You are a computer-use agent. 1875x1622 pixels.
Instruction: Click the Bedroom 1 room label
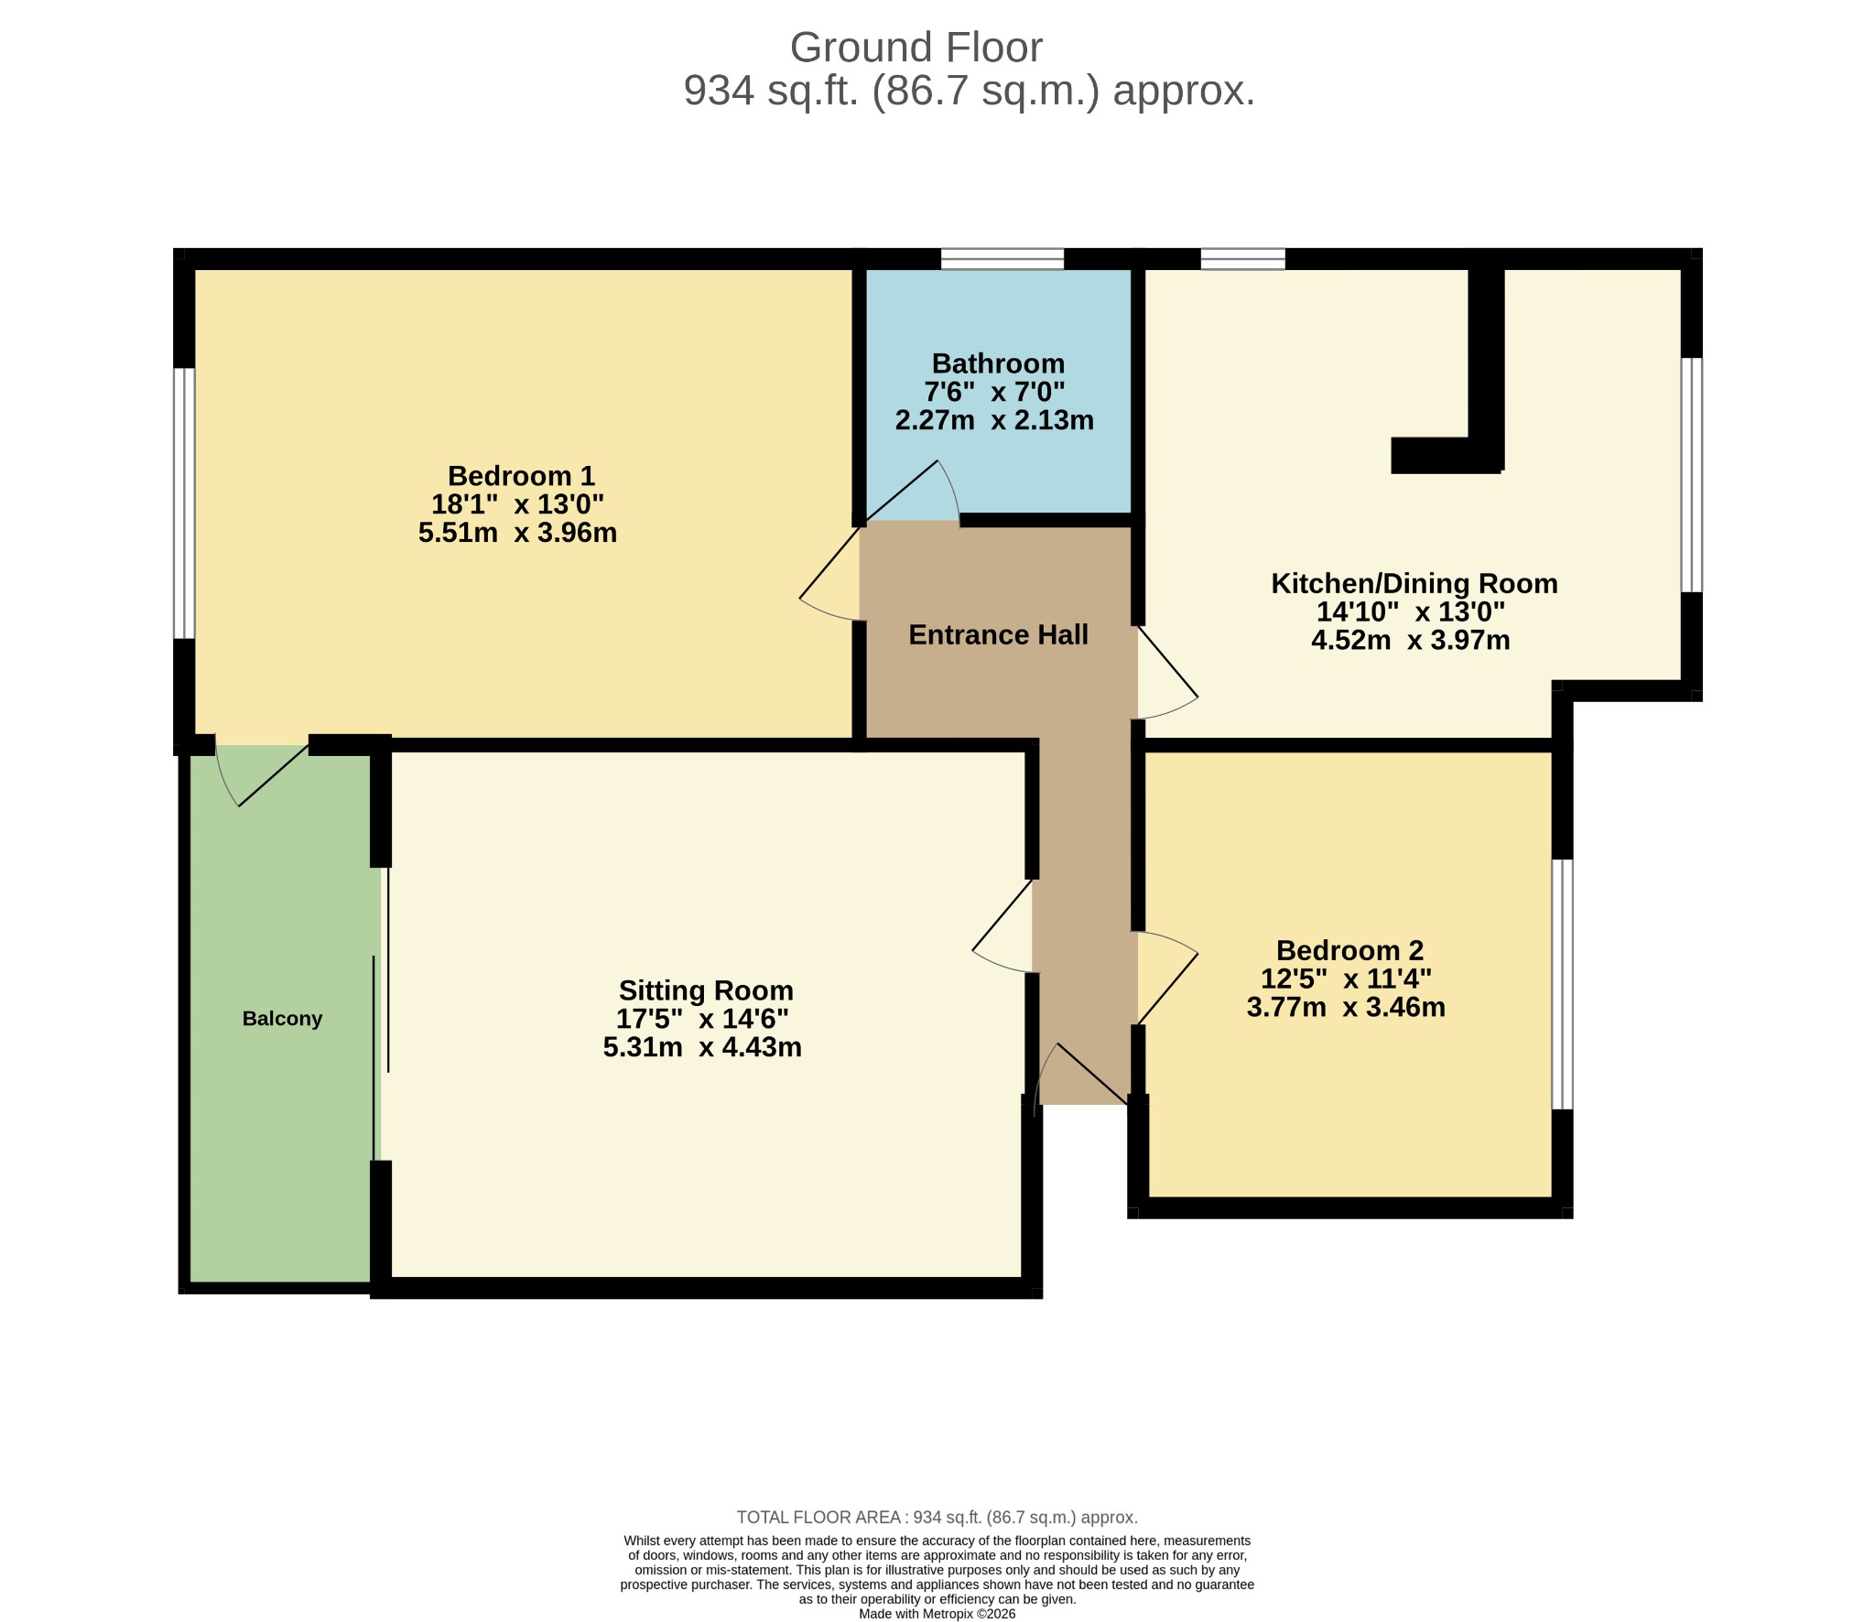[521, 476]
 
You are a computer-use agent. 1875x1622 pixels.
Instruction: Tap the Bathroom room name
[998, 363]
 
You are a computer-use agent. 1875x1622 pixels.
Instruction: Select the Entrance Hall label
[998, 634]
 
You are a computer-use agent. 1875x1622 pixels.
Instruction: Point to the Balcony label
[282, 1019]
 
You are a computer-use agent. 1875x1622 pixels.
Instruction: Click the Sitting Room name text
[706, 990]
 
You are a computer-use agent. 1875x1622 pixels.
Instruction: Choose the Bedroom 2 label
[1349, 950]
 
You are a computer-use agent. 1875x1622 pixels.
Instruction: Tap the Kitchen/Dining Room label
[1414, 583]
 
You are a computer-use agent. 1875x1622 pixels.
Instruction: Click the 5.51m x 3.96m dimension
[517, 533]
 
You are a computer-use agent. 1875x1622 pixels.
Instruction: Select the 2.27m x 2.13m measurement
[994, 420]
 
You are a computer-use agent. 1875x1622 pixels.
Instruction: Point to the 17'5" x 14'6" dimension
[702, 1019]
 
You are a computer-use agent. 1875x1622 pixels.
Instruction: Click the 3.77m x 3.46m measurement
[1346, 1007]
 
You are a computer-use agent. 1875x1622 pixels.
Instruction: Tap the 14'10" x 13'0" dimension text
[1411, 611]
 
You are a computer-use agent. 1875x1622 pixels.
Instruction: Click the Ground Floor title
[916, 48]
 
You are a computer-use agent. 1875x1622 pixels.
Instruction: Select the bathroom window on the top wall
[1003, 258]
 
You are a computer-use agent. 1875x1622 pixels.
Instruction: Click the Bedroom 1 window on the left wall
[184, 503]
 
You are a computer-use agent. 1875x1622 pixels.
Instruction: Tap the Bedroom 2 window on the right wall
[1562, 984]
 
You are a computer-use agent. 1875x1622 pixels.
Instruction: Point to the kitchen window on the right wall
[1691, 474]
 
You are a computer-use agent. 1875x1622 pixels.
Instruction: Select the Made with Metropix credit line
[937, 1614]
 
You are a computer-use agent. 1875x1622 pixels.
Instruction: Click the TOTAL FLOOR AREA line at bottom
[937, 1517]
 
